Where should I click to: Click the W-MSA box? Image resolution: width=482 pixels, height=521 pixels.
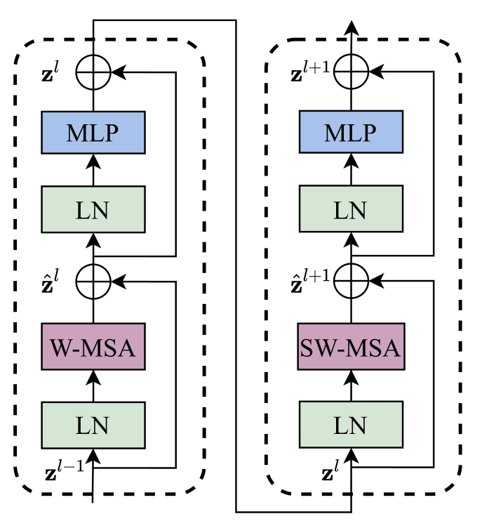(x=93, y=347)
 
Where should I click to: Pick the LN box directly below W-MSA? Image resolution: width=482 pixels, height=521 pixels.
(x=93, y=425)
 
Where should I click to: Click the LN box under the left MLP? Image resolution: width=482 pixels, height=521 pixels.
(x=93, y=209)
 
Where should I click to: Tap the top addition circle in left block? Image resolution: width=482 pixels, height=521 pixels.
(x=93, y=72)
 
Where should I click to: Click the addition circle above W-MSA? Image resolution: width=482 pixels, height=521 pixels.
(x=93, y=281)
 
